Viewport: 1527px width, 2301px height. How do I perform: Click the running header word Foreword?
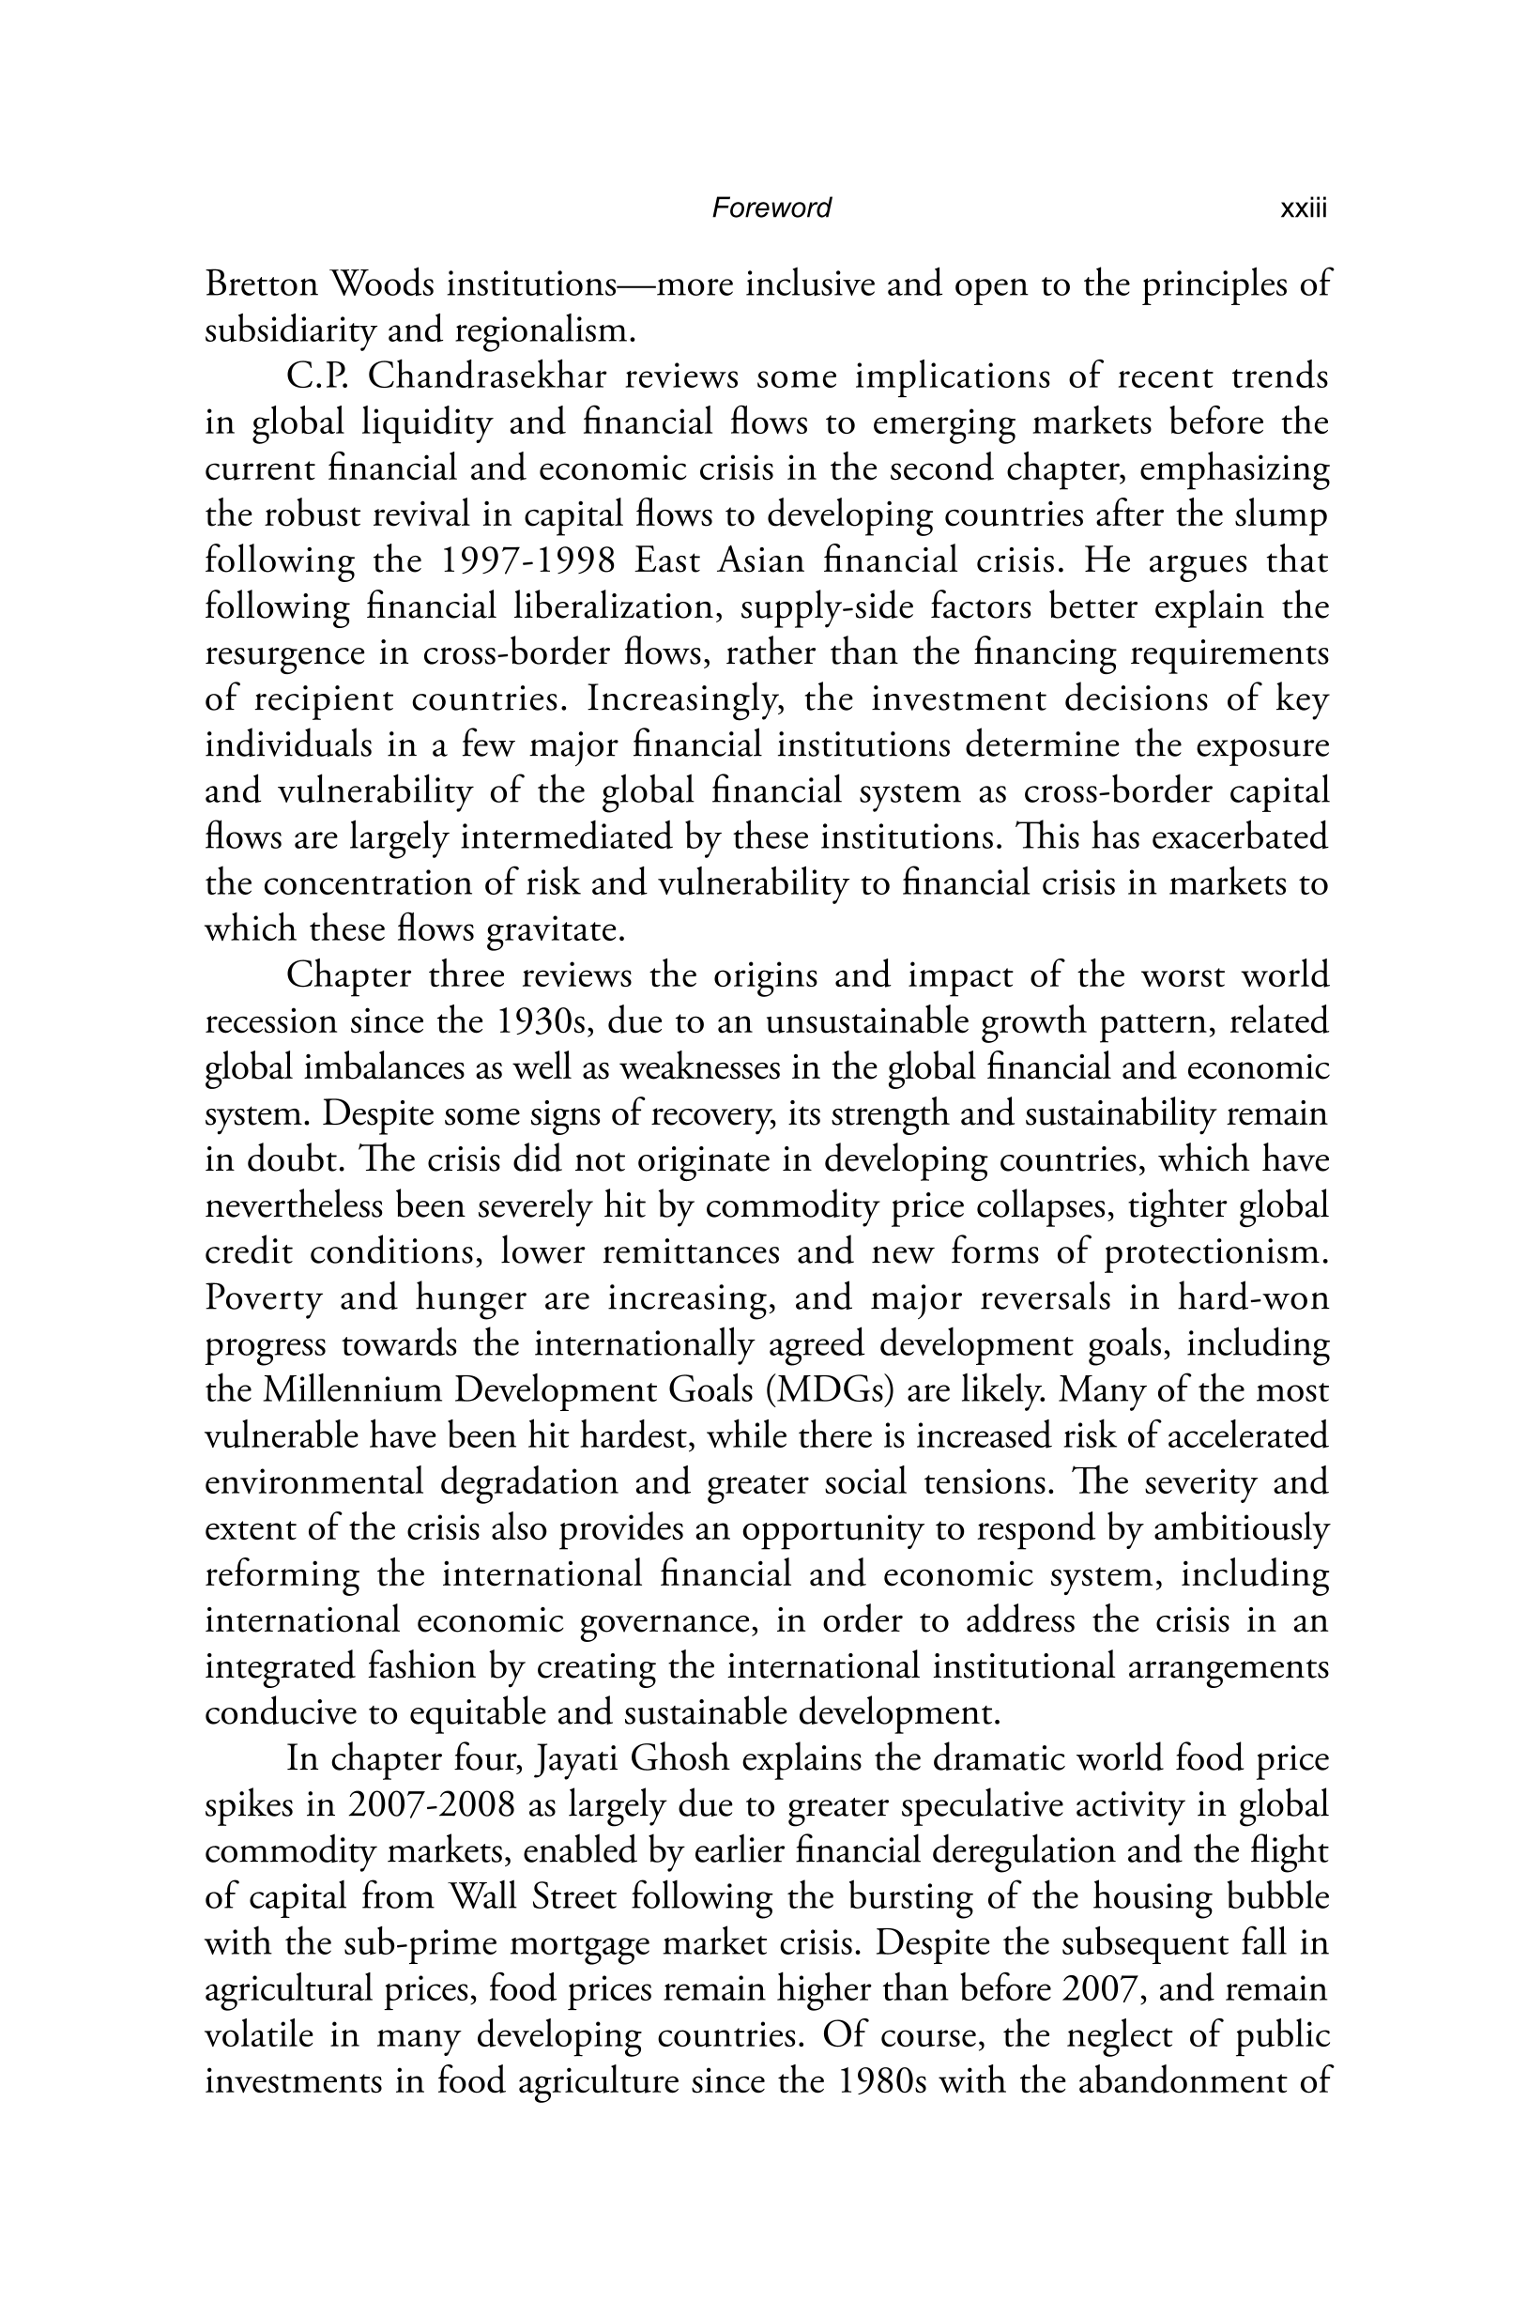point(771,207)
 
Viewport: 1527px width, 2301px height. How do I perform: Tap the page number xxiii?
point(1303,208)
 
